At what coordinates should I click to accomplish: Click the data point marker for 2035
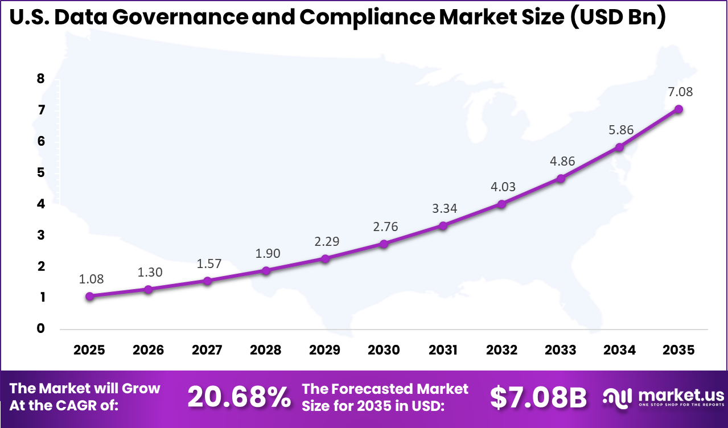pos(678,109)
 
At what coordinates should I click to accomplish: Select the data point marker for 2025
pos(89,296)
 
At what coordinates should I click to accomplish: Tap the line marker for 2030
pos(384,244)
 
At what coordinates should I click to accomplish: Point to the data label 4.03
pos(502,187)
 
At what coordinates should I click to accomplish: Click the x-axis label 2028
pos(266,349)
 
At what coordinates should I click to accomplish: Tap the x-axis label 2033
pos(561,349)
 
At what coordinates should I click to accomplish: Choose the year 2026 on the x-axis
pos(148,349)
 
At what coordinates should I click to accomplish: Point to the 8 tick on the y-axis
pos(40,79)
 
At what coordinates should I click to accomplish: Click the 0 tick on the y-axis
pos(40,328)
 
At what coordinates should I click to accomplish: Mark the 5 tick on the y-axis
pos(40,172)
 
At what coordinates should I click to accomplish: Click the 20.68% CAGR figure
pos(239,397)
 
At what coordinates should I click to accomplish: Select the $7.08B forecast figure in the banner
pos(538,397)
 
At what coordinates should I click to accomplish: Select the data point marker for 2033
pos(561,178)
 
